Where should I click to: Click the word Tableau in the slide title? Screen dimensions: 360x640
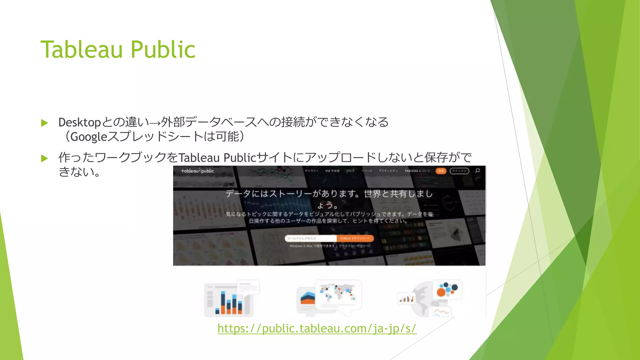[81, 50]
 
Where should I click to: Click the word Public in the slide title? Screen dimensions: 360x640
[163, 50]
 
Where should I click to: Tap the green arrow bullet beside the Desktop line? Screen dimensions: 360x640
[44, 123]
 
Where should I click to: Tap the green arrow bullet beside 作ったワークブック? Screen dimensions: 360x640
[44, 158]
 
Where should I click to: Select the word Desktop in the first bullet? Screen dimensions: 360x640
[79, 122]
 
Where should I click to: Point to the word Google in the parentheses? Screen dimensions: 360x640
[89, 137]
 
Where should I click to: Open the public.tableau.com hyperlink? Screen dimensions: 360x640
[317, 328]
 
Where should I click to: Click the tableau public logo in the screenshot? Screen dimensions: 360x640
[197, 171]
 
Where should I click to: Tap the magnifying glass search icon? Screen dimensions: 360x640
[477, 171]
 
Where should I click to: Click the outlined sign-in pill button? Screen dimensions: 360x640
[459, 171]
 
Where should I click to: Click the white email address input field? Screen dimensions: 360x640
[310, 238]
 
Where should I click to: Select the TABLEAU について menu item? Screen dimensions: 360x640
[417, 171]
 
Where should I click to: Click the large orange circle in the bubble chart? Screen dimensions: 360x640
[441, 292]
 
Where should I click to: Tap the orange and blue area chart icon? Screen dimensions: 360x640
[308, 298]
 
